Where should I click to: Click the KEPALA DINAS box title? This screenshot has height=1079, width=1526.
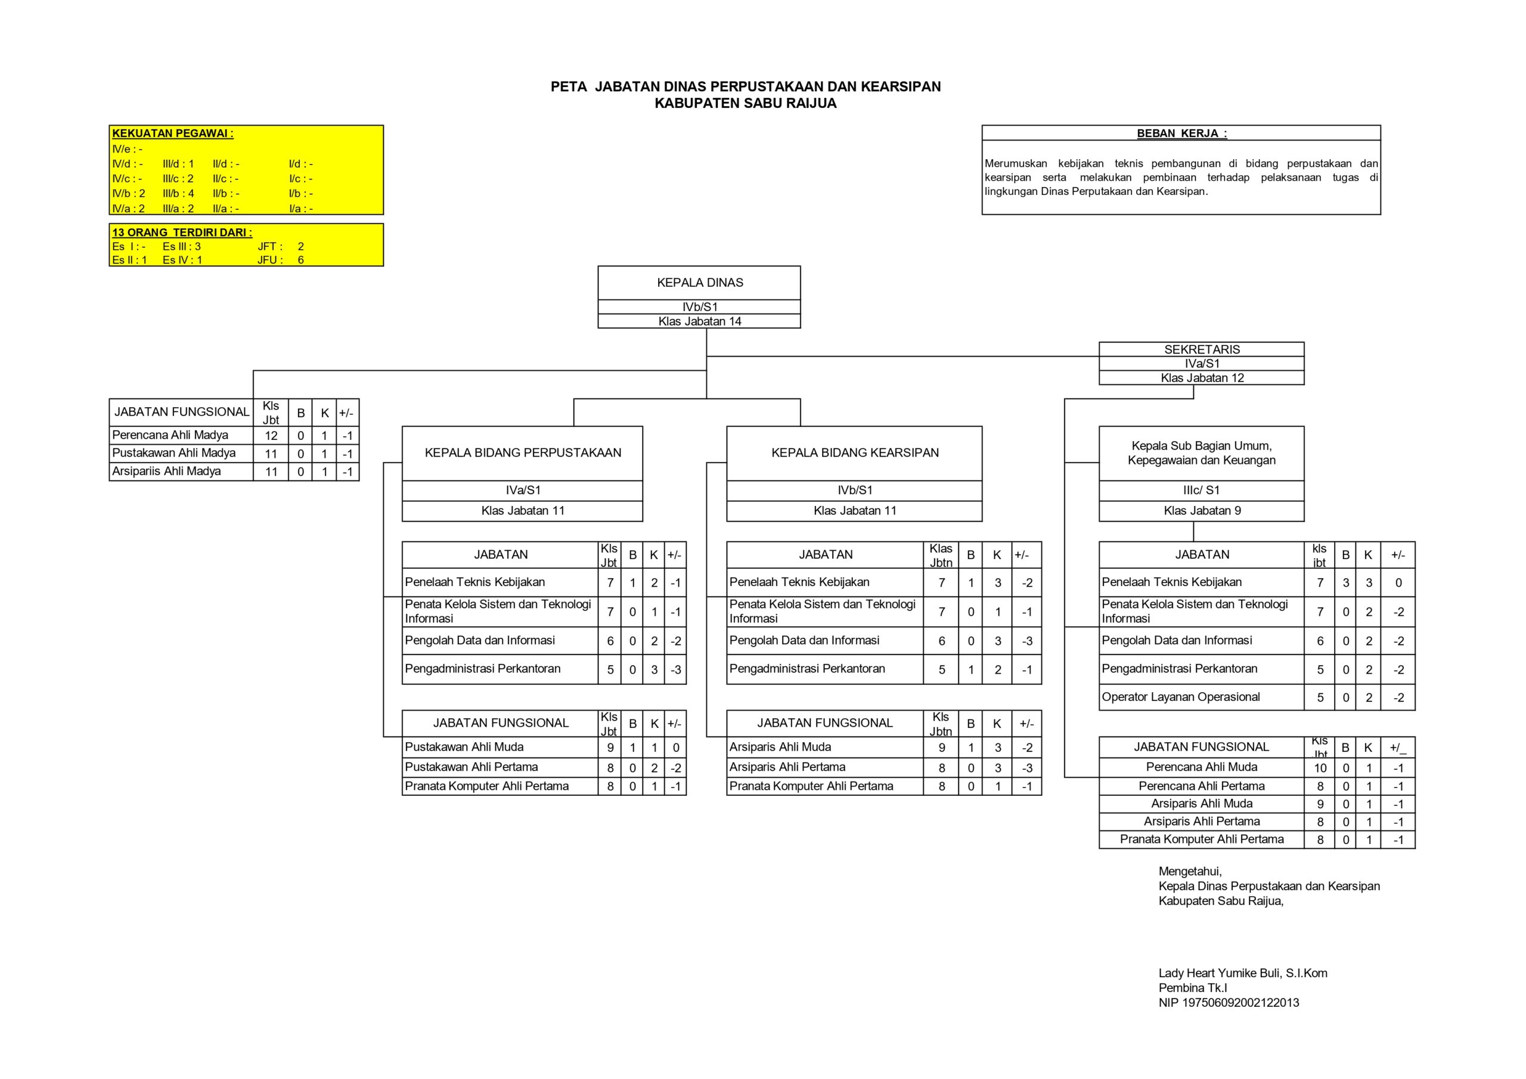coord(700,283)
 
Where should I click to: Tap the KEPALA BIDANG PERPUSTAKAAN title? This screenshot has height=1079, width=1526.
coord(523,452)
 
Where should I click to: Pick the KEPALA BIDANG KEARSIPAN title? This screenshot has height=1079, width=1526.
coord(855,452)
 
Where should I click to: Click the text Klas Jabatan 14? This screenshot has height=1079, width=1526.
coord(700,322)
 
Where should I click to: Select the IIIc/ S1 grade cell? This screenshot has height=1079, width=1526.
coord(1202,491)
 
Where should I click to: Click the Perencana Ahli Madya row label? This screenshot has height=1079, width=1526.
coord(170,435)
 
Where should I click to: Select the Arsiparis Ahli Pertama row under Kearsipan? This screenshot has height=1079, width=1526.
coord(787,767)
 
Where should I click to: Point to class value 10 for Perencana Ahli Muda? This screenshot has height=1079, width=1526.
coord(1320,768)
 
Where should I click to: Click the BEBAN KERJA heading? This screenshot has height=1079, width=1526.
coord(1181,134)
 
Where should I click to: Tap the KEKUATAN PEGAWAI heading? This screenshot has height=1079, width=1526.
coord(173,134)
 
